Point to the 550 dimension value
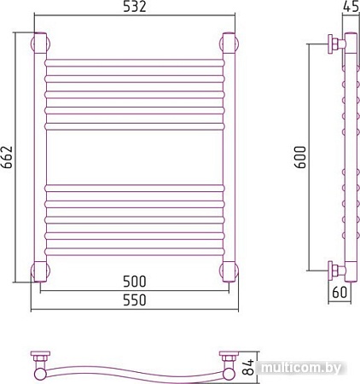tap(133, 301)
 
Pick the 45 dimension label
tap(350, 9)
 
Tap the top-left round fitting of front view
tap(39, 43)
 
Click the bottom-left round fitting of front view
tap(39, 271)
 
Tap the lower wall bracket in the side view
tap(334, 271)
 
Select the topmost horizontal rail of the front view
tap(134, 63)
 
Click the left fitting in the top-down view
tap(39, 360)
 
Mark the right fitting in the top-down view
tap(229, 360)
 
